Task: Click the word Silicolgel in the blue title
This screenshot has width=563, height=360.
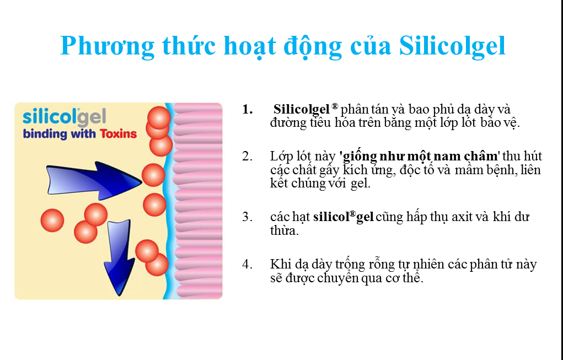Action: (x=452, y=46)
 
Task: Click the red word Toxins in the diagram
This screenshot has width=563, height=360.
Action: (x=118, y=134)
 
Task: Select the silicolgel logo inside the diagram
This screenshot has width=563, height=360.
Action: (x=65, y=117)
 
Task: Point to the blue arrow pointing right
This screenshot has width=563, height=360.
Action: (x=94, y=180)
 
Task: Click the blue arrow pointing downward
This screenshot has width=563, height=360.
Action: (x=119, y=257)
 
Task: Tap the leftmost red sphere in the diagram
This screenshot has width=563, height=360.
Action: (x=52, y=221)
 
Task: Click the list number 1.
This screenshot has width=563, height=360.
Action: (x=248, y=110)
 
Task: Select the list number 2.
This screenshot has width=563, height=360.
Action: (x=247, y=157)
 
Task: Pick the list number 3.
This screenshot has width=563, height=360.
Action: (x=247, y=217)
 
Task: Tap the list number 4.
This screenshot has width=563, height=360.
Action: (x=247, y=264)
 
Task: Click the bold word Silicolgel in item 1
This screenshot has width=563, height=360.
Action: (x=302, y=109)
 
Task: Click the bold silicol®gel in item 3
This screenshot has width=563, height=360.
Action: (x=343, y=217)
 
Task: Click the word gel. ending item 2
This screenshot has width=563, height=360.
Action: (x=360, y=184)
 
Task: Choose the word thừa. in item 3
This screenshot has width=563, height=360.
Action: (x=285, y=230)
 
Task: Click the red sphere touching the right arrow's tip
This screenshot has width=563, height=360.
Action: (x=153, y=175)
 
